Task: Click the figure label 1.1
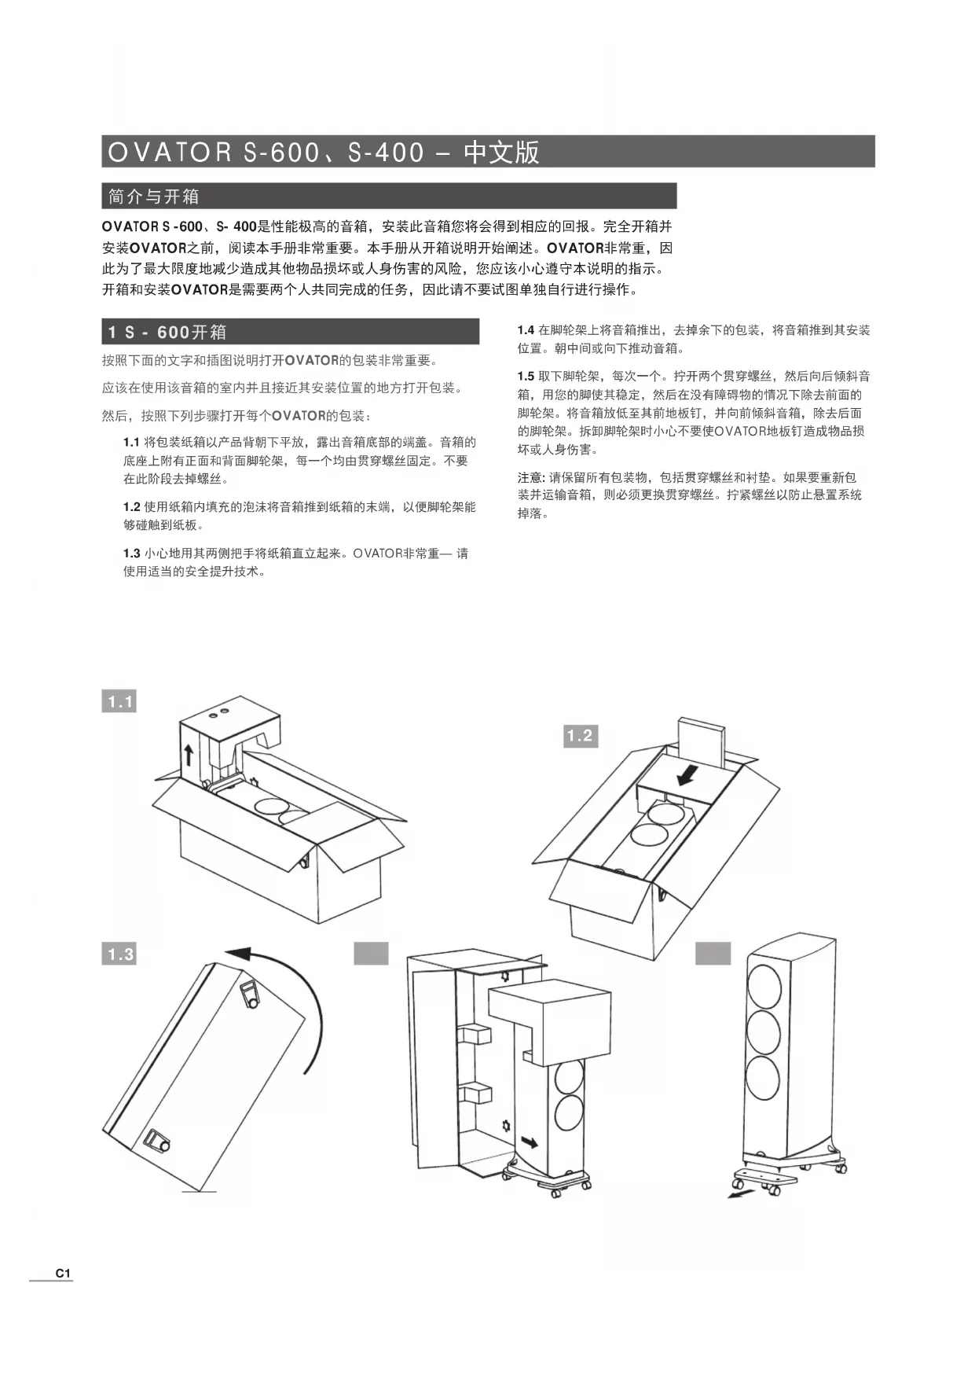coord(119,701)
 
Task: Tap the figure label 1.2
coord(579,736)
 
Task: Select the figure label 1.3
coord(119,954)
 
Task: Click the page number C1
coord(63,1273)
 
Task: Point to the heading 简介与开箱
coord(154,196)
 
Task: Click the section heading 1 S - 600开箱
coord(167,332)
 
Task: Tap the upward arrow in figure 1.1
coord(189,756)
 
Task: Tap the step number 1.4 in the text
coord(526,330)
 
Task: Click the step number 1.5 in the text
coord(526,377)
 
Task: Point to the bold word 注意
coord(530,477)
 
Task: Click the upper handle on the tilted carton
coord(250,995)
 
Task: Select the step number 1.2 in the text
coord(131,507)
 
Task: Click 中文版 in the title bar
coord(501,152)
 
